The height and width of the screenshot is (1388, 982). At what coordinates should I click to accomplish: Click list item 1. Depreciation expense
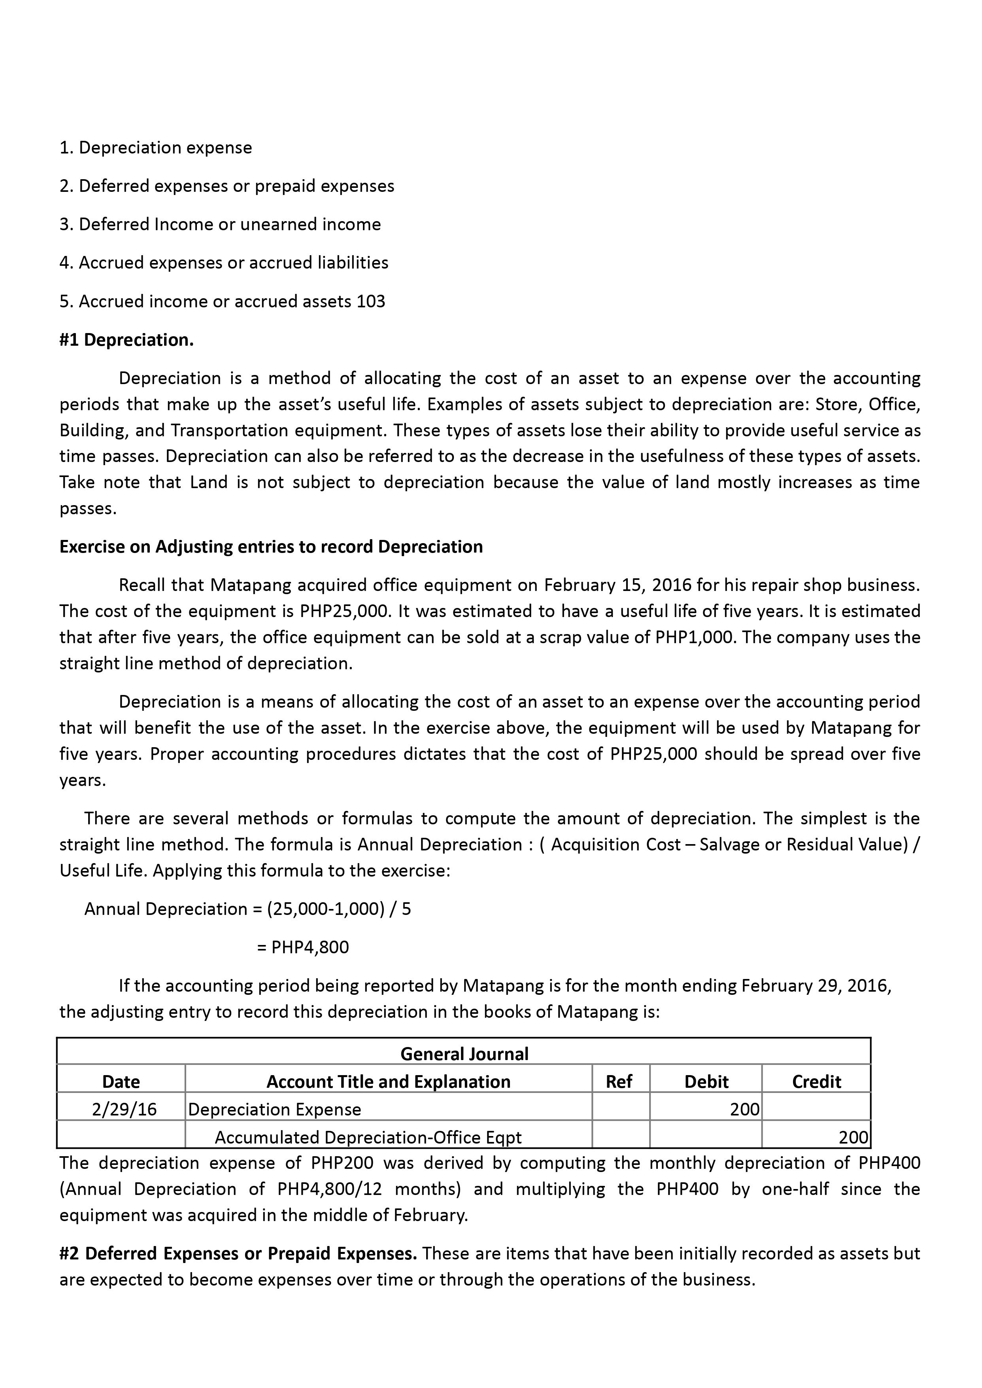pyautogui.click(x=156, y=148)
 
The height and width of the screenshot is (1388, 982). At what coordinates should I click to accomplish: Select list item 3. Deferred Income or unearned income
pyautogui.click(x=220, y=224)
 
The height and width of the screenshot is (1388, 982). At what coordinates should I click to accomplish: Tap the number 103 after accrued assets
pyautogui.click(x=371, y=301)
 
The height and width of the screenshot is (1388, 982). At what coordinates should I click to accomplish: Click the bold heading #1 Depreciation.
pyautogui.click(x=127, y=340)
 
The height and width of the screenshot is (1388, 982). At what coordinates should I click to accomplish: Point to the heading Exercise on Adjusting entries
pyautogui.click(x=271, y=546)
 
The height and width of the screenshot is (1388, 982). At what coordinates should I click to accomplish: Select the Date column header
pyautogui.click(x=121, y=1081)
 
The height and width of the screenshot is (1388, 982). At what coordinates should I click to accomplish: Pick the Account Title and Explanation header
pyautogui.click(x=388, y=1081)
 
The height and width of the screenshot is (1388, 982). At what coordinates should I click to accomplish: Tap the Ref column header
pyautogui.click(x=619, y=1081)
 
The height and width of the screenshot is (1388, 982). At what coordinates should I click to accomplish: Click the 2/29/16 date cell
pyautogui.click(x=124, y=1109)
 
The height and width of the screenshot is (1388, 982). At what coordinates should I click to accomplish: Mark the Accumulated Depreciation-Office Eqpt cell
pyautogui.click(x=368, y=1138)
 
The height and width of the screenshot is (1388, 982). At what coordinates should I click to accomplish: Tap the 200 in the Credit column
pyautogui.click(x=853, y=1138)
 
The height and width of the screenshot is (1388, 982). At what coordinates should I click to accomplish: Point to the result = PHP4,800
pyautogui.click(x=303, y=947)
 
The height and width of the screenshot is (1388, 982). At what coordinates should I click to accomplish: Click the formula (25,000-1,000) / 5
pyautogui.click(x=339, y=909)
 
